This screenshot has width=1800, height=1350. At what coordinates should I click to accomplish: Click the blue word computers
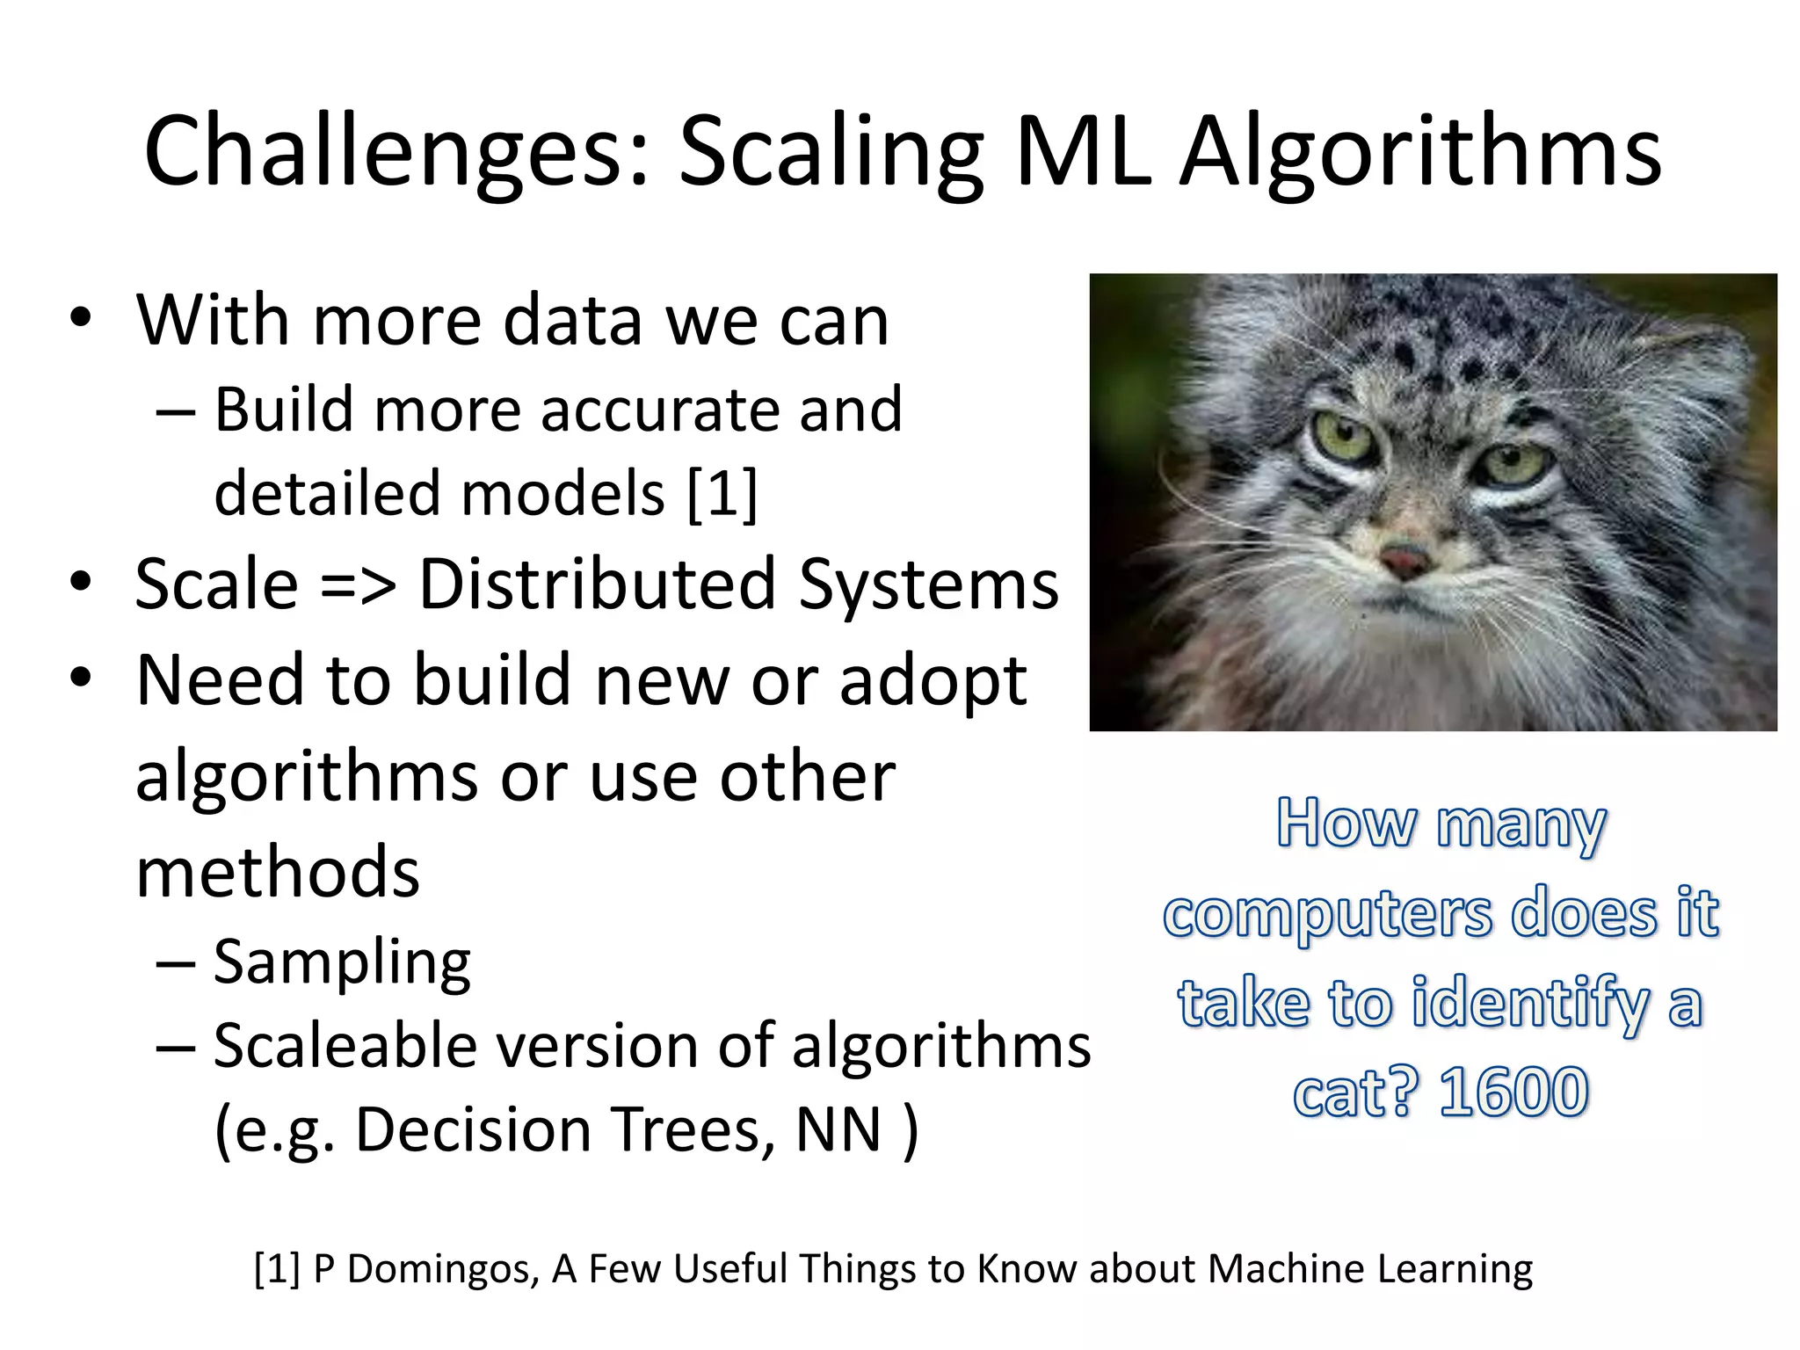point(1327,914)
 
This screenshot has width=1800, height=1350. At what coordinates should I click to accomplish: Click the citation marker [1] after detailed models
point(722,493)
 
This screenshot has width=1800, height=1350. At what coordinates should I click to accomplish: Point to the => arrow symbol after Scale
point(358,585)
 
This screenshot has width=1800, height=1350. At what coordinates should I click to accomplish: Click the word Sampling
point(342,962)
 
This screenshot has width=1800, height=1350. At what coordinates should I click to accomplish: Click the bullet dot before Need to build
point(81,679)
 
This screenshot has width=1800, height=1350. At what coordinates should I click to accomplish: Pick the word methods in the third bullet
point(278,872)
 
